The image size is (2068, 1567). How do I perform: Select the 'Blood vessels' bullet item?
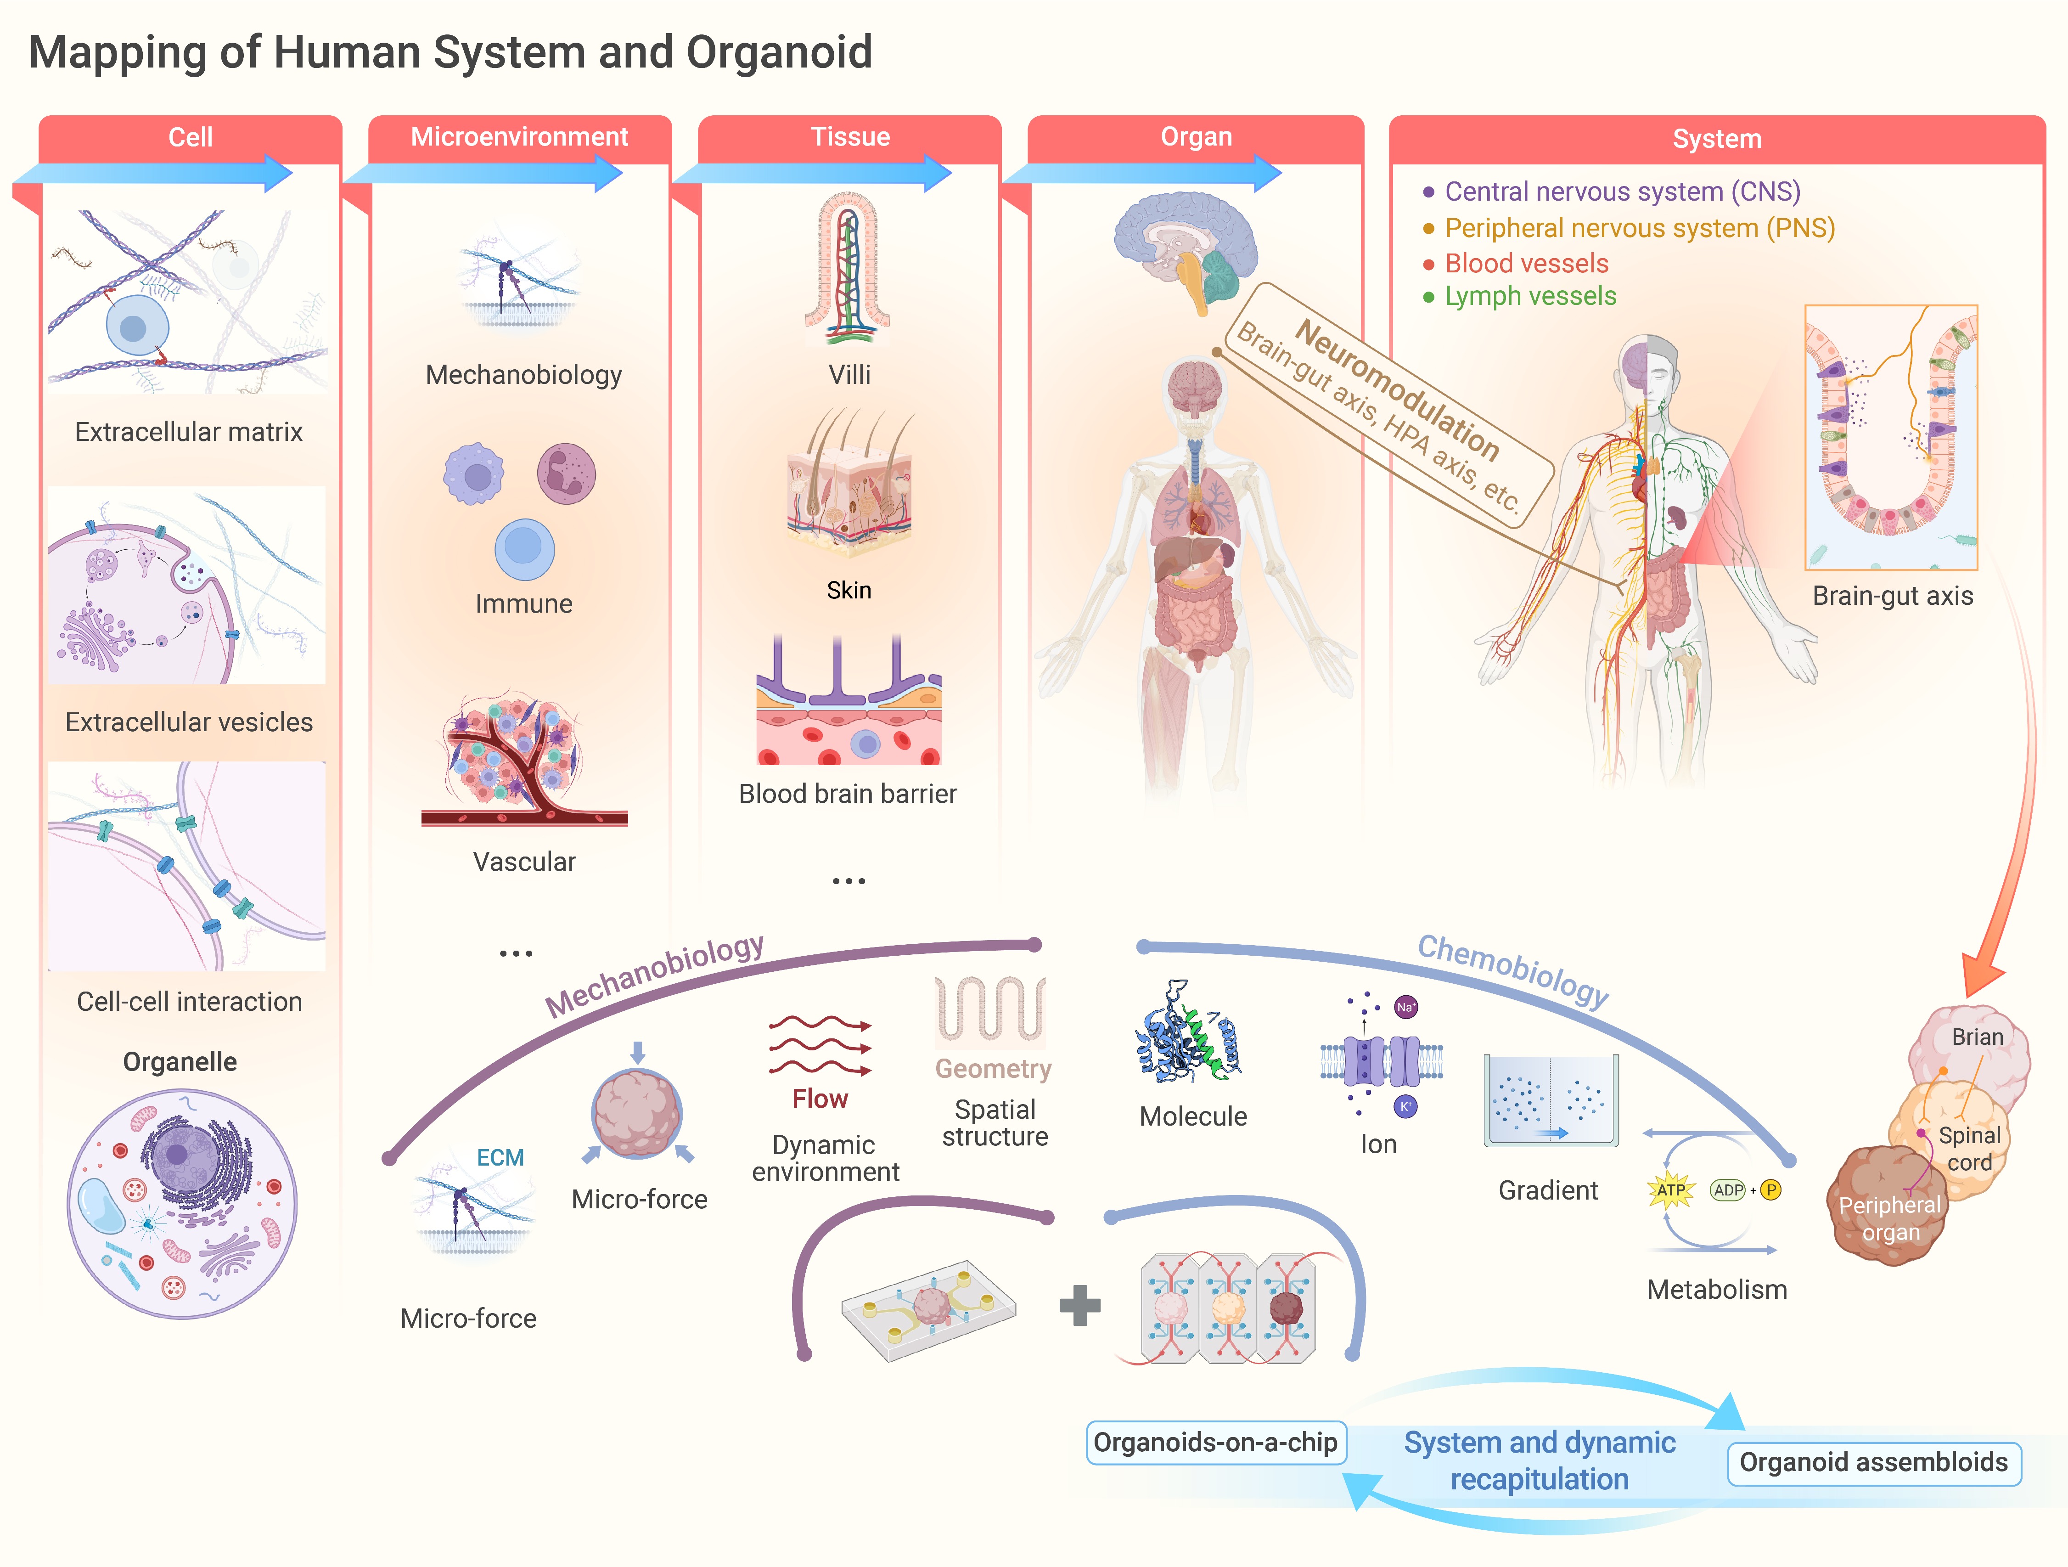click(x=1526, y=264)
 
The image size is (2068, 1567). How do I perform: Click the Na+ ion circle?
click(x=1405, y=1007)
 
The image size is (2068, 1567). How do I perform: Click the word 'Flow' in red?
click(x=820, y=1099)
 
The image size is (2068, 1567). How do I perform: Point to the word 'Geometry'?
click(x=993, y=1069)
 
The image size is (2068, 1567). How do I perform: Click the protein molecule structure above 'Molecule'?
click(x=1187, y=1033)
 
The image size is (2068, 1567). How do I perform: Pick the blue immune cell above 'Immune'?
click(x=524, y=549)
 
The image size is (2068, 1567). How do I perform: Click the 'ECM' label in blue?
click(x=500, y=1157)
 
